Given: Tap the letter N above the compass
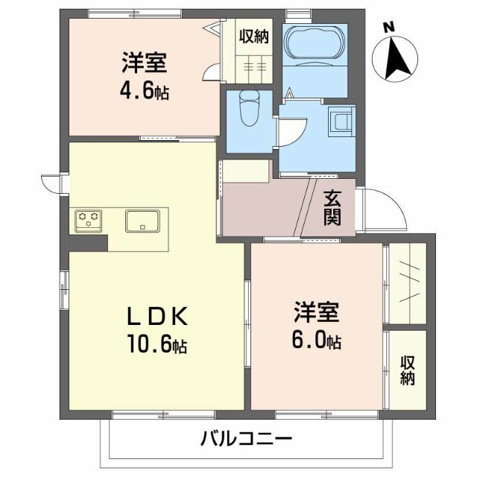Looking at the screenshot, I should (388, 27).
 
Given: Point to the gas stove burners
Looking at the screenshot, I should (89, 220).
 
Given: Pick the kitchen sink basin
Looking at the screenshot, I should (141, 221).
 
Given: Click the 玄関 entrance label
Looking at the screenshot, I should (332, 208).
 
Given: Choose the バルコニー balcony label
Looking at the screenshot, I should (245, 440).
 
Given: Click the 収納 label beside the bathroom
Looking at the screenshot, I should (253, 35).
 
